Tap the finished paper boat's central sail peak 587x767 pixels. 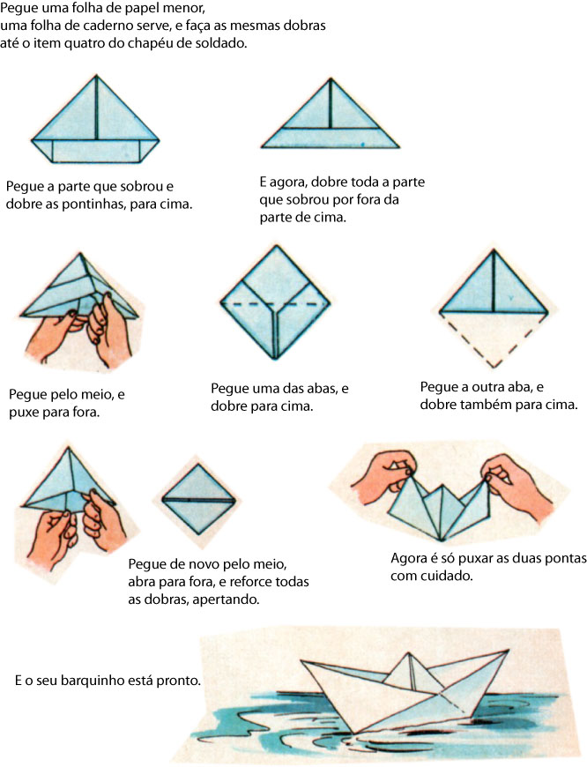tap(412, 657)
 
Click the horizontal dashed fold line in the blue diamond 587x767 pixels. tap(275, 304)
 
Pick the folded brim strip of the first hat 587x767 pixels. tap(95, 150)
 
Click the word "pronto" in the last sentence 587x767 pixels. tap(182, 681)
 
